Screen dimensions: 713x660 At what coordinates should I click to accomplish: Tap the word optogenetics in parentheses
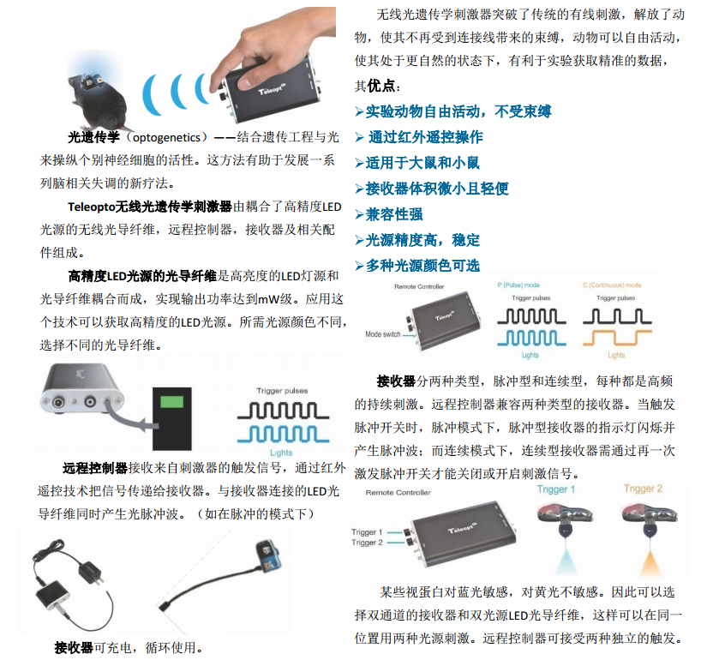[166, 137]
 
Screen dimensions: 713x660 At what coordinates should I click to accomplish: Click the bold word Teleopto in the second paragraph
[91, 207]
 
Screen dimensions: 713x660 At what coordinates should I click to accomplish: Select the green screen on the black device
[171, 402]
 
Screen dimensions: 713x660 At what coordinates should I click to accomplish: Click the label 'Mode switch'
[383, 334]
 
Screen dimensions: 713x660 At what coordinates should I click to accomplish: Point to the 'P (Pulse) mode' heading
[518, 285]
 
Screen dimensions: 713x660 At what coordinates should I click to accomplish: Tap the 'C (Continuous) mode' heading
[612, 285]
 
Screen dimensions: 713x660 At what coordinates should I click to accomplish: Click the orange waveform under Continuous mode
[617, 338]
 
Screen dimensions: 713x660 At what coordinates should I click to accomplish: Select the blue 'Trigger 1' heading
[555, 489]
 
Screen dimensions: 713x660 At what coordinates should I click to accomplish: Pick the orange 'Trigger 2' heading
[643, 489]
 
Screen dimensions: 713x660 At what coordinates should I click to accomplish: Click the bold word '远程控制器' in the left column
[95, 468]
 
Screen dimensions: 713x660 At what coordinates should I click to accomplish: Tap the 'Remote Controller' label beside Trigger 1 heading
[398, 493]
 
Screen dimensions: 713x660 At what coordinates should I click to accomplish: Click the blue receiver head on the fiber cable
[268, 555]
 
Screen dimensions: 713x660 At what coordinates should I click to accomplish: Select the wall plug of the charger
[92, 571]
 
